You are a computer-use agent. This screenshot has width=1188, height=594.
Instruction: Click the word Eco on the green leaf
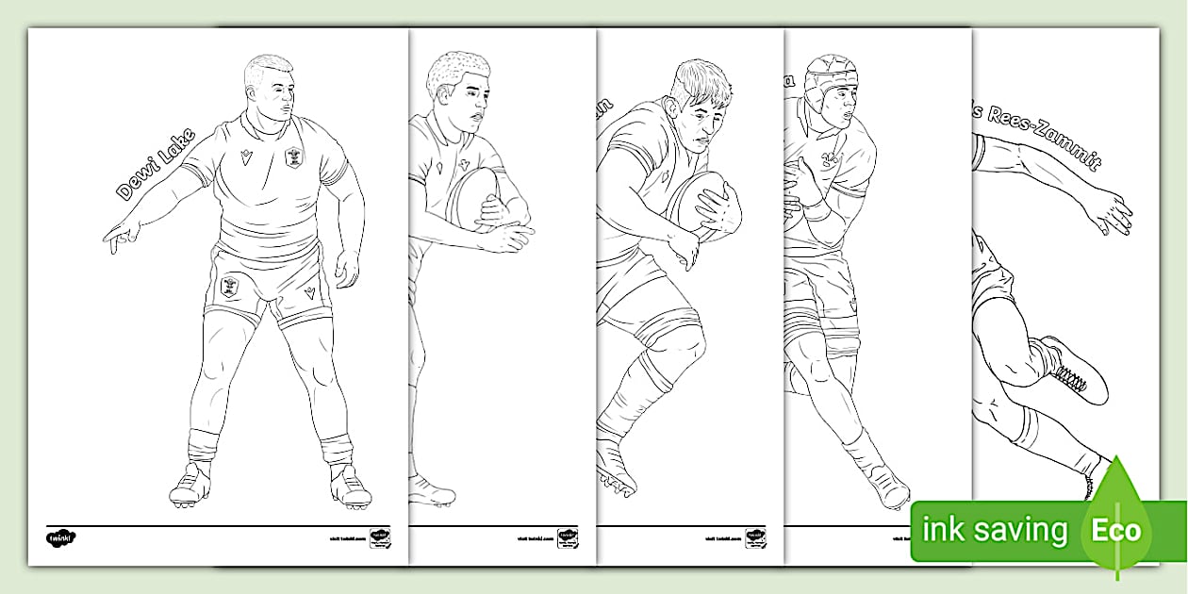tap(1117, 529)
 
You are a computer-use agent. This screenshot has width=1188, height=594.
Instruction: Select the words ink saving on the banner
tap(995, 530)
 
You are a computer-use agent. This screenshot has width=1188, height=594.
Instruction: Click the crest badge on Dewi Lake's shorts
tap(229, 286)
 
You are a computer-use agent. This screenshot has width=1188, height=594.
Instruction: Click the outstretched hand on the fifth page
tap(1113, 213)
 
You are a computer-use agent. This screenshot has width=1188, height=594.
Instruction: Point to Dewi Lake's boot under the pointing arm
tap(191, 486)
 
